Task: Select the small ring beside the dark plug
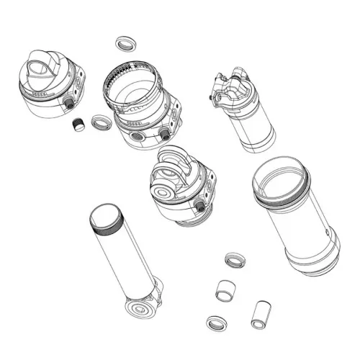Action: [x=100, y=121]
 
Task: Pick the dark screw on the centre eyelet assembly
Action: [x=198, y=207]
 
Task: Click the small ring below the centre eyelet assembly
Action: [x=235, y=259]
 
